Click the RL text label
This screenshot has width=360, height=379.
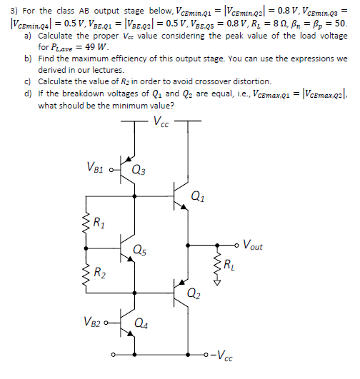tap(228, 268)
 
